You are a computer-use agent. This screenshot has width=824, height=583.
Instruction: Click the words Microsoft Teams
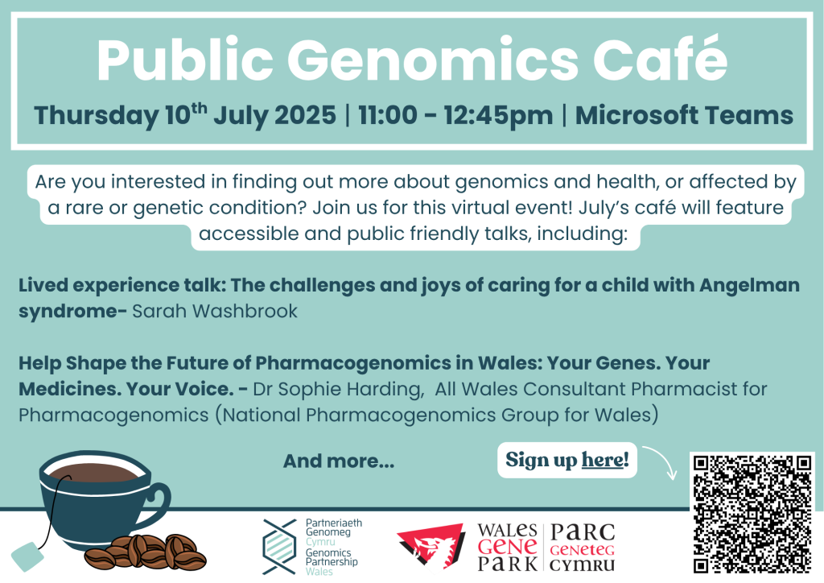pos(684,115)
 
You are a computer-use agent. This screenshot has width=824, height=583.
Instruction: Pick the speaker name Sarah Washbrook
pos(214,311)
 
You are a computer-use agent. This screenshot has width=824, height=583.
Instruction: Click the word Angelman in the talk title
pos(749,285)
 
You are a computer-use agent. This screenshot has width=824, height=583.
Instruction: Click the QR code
pos(752,514)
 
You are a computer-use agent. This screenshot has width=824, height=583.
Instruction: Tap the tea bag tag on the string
pos(27,556)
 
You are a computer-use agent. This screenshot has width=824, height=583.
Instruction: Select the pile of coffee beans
pos(146,553)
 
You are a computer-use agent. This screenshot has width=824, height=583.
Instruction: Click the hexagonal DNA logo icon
pos(279,547)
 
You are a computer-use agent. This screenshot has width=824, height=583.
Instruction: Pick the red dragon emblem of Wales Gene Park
pos(431,547)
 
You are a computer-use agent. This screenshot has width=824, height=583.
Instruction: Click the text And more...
pos(339,461)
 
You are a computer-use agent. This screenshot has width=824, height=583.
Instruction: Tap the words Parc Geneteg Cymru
pos(582,548)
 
